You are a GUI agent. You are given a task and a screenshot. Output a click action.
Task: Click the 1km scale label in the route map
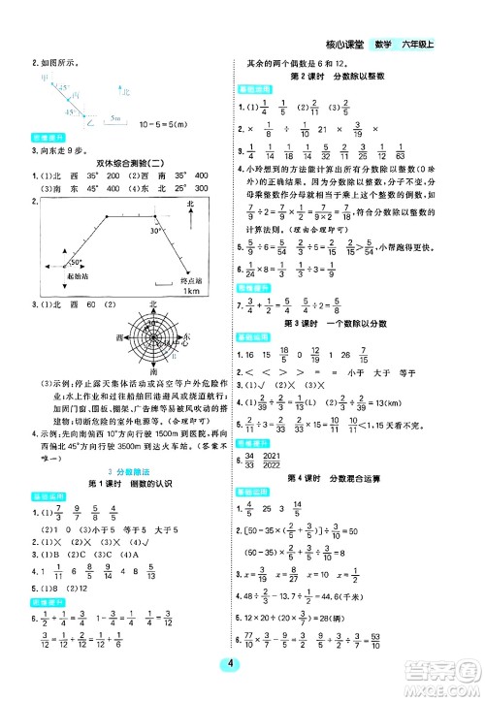point(190,292)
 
